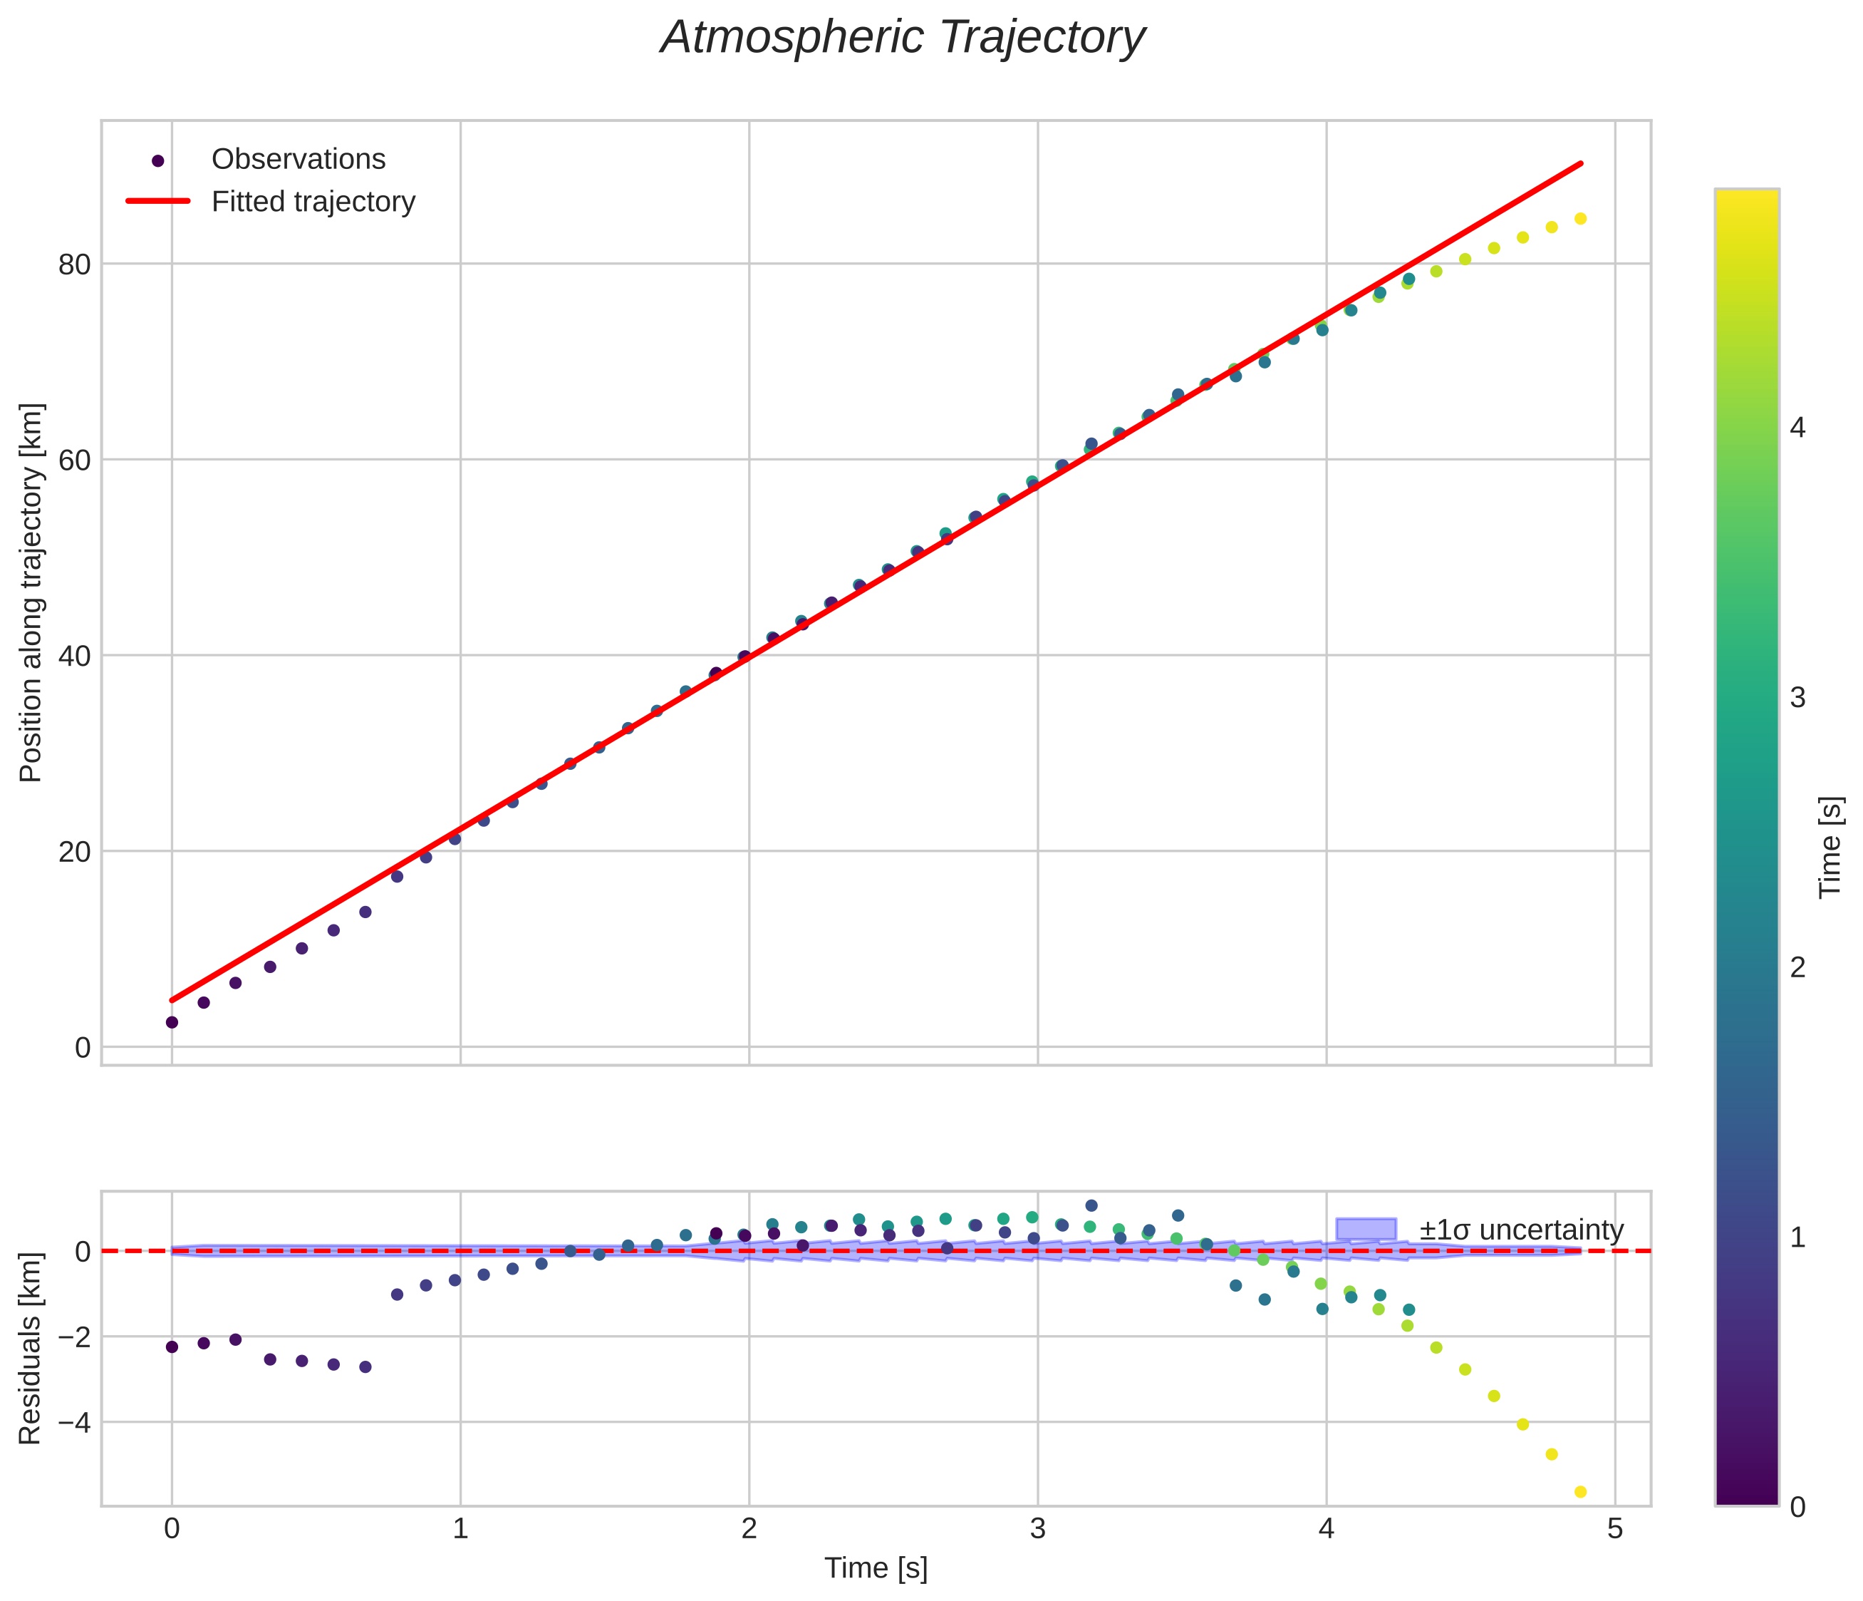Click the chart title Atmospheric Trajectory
point(902,38)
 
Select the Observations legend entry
point(298,159)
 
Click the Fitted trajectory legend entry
point(313,202)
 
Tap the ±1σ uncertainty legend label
point(1521,1230)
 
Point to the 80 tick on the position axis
point(76,264)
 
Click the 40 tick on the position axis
point(76,656)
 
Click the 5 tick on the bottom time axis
point(1615,1529)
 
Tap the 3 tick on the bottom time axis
point(1037,1529)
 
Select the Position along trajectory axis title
point(31,593)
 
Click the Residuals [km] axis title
point(31,1347)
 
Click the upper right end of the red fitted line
point(1581,164)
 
